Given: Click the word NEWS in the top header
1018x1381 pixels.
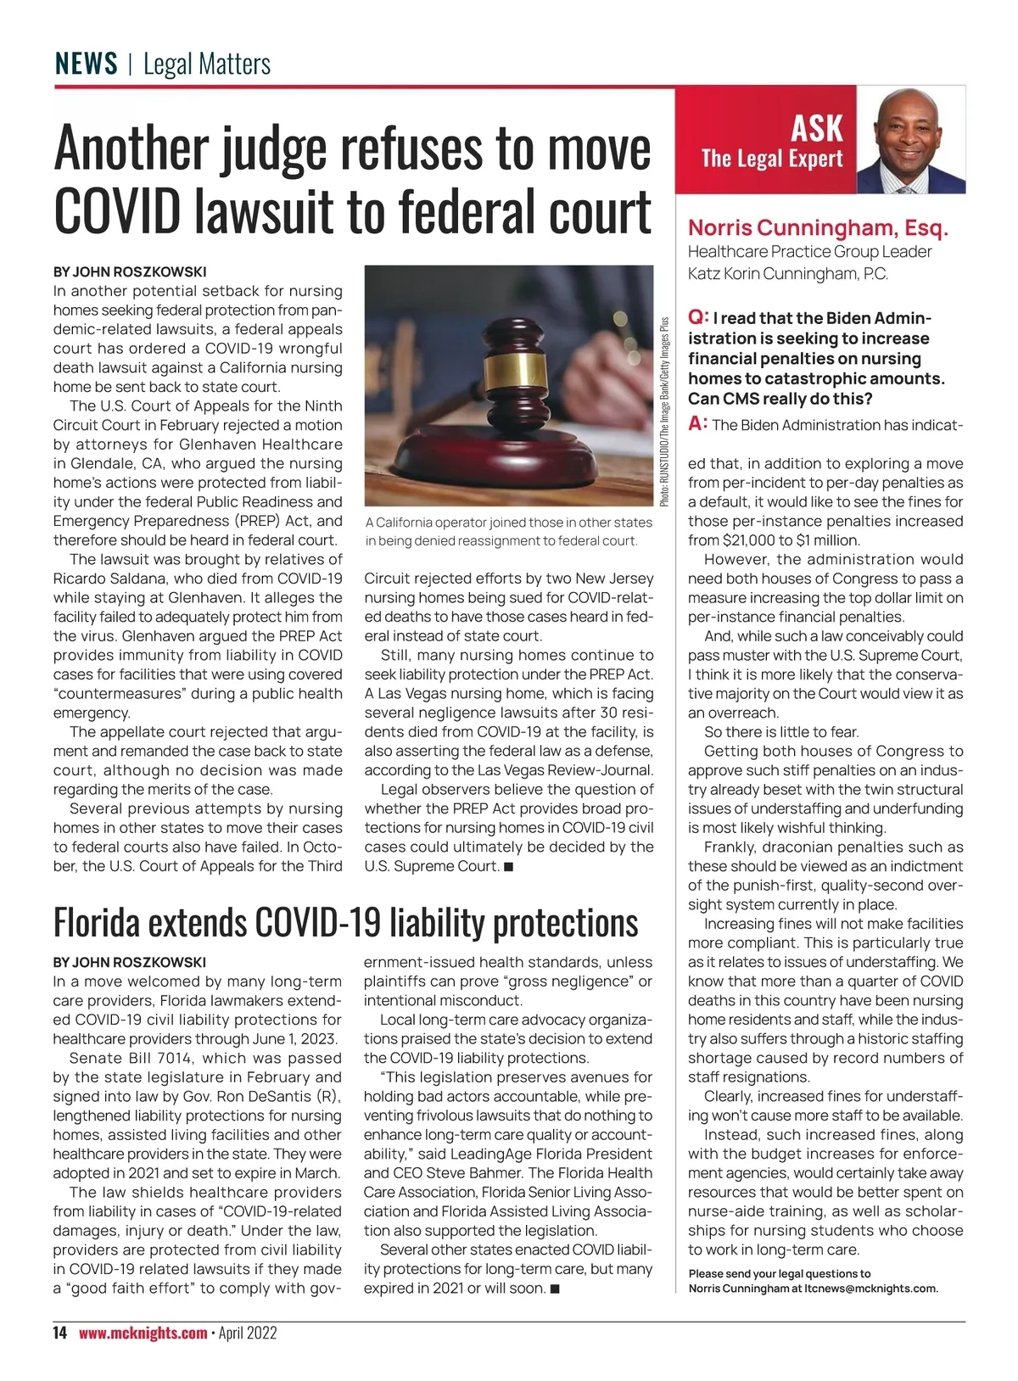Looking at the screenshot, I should coord(86,64).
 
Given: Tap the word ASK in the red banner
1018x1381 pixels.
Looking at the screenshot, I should coord(816,129).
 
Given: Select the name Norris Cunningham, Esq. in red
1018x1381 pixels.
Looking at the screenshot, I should coord(818,228).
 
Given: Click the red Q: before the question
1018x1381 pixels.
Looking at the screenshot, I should coord(698,317).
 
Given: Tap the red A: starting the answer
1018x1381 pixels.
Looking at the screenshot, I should coord(698,423).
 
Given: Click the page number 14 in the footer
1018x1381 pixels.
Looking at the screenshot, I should coord(59,1333).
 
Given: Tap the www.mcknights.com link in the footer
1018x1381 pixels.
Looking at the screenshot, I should coord(143,1333).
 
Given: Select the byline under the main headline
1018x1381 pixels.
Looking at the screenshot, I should coord(130,272).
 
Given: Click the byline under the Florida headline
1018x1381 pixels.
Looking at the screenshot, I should coord(130,962).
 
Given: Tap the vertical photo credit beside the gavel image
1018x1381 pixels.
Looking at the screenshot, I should coord(664,412).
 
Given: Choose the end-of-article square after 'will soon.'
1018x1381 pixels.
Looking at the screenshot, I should coord(555,1289).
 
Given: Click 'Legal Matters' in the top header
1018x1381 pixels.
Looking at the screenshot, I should coord(207,64).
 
